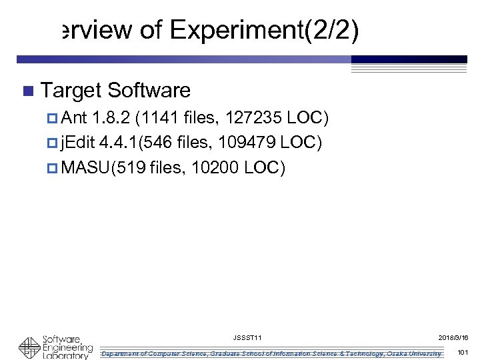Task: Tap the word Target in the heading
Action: [x=71, y=90]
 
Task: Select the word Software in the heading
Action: [x=149, y=90]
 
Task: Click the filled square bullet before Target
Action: [x=27, y=91]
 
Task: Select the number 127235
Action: [x=253, y=119]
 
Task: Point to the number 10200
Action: [x=215, y=168]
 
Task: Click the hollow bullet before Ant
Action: [x=53, y=119]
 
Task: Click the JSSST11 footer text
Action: [x=248, y=339]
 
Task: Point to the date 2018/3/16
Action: [x=453, y=339]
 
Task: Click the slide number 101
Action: [x=464, y=352]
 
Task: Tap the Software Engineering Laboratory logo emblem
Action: [x=29, y=348]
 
